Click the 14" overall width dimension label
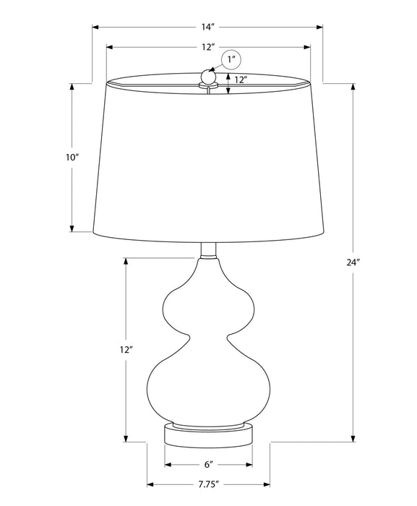tap(208, 27)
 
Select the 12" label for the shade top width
tap(208, 48)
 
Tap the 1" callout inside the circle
tap(231, 60)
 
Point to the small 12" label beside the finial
tap(241, 80)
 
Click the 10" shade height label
tap(72, 158)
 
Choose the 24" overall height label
tap(353, 262)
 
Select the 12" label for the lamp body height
tap(126, 349)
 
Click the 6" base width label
tap(208, 465)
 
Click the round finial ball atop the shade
tap(207, 76)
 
